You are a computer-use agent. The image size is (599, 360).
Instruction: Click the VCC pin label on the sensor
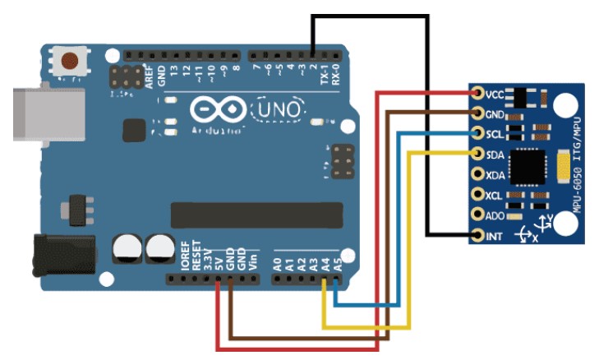tap(495, 94)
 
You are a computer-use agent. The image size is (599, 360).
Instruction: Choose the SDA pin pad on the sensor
tap(478, 154)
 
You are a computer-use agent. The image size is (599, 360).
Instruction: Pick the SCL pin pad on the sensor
tap(478, 133)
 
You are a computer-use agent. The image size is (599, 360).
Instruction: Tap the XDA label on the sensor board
tap(495, 175)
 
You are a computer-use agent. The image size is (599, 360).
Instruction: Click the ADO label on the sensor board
tap(495, 217)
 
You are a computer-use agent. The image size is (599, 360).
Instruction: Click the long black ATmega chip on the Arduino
tap(256, 215)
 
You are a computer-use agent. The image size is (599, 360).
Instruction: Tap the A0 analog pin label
tap(277, 264)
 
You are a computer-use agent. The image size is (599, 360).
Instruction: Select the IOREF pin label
tap(184, 256)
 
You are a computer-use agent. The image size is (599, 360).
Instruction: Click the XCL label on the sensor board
tap(495, 196)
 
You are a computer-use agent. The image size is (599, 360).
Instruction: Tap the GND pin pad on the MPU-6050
tap(478, 113)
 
